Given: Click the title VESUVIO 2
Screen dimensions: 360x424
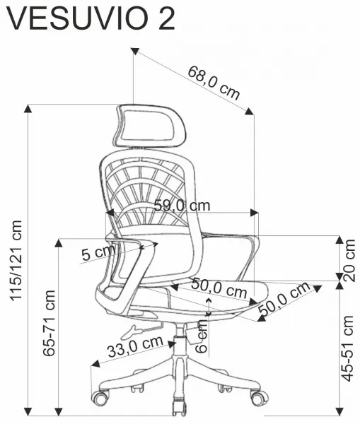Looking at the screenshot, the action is coord(91,19).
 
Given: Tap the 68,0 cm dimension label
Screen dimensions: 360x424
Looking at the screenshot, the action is coord(214,83).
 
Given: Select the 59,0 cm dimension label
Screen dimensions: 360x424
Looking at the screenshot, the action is coord(182,206).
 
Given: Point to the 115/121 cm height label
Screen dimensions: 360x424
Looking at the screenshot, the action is coord(16,260).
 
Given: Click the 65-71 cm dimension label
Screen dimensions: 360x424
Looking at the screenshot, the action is coord(49,323).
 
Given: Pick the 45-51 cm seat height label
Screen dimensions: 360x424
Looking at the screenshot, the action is coord(347,348).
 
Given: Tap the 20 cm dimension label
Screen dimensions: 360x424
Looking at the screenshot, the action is coord(349,260).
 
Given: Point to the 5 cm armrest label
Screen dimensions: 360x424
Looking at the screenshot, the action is coord(98,253).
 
